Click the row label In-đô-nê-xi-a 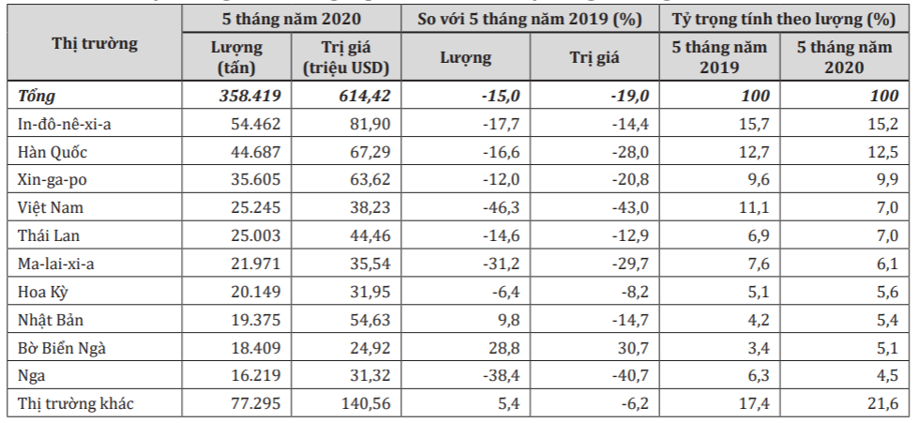coord(64,124)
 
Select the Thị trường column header coord(95,43)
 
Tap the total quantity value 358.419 coord(250,96)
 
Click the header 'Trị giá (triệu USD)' coord(346,57)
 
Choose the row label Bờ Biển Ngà coord(62,348)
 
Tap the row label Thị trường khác coord(76,403)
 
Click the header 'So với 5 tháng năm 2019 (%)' coord(530,20)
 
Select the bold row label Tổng coord(37,96)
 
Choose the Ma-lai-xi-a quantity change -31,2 coord(501,264)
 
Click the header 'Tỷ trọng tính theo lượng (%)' coord(784,20)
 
